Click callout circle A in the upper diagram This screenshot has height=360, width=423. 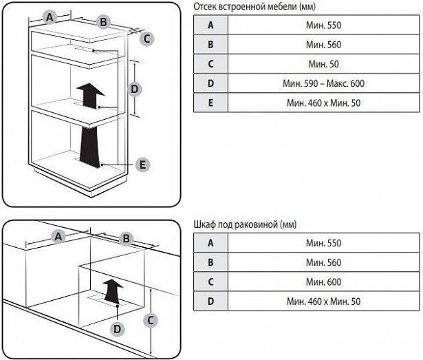point(49,18)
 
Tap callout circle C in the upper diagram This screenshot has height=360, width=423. point(147,39)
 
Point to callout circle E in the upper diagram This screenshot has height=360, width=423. point(142,165)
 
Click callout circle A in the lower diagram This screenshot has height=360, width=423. point(58,236)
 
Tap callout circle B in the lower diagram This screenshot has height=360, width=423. point(126,238)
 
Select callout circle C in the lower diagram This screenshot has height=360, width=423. point(150,319)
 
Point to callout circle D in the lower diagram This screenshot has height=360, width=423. point(118,329)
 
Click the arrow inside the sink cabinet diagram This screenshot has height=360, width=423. point(112,290)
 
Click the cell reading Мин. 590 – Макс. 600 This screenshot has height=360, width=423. point(323,83)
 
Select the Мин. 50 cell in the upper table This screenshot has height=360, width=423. point(323,64)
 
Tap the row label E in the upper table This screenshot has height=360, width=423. point(210,103)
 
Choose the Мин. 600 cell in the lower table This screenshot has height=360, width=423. point(323,282)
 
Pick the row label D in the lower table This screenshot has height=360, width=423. point(210,301)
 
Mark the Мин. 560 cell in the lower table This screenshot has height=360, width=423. point(323,262)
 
